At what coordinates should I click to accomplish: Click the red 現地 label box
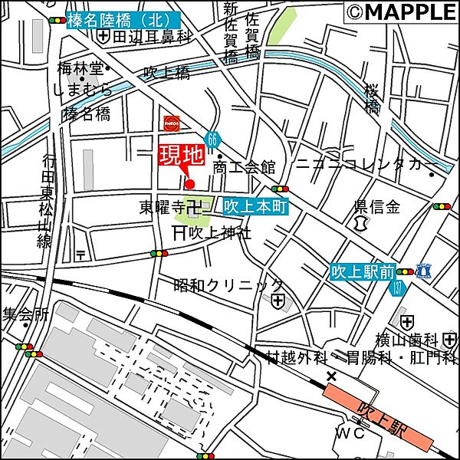coord(182,155)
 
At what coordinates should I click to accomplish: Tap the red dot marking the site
coord(190,183)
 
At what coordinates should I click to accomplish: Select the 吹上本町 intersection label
coord(255,207)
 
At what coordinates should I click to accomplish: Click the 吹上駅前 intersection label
coord(363,271)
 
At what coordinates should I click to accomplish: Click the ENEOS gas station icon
coord(170,122)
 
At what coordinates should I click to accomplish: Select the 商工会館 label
coord(244,166)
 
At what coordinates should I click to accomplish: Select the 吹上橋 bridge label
coord(166,74)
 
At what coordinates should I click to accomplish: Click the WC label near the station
coord(346,434)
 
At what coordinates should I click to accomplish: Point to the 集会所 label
coord(25,314)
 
